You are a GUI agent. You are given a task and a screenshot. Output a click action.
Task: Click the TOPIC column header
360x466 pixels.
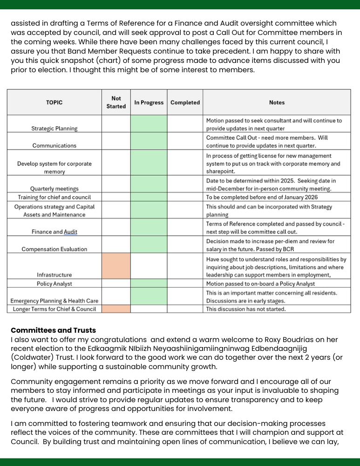coord(54,103)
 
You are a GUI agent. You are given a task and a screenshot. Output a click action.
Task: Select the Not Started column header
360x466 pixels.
coord(116,103)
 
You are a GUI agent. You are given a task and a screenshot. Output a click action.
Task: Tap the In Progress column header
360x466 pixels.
coord(149,103)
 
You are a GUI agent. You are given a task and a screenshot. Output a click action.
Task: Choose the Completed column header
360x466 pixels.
coord(185,103)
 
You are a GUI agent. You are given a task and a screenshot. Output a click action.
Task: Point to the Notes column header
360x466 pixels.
coord(277,103)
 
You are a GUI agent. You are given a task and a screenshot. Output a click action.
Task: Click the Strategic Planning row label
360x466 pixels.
coord(54,129)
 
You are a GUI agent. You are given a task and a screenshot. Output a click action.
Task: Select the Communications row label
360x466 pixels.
coord(54,146)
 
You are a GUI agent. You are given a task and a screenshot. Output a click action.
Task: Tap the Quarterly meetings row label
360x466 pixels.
coord(54,189)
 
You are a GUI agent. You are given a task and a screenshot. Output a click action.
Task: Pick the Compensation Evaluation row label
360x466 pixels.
coord(54,249)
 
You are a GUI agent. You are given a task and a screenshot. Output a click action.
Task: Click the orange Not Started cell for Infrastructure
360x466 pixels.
coord(116,266)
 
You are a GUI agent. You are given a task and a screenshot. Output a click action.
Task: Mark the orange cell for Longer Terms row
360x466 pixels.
coord(116,309)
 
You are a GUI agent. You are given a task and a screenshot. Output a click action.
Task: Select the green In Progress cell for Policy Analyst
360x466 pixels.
coord(149,283)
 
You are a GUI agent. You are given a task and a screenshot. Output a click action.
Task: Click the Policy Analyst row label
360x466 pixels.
coord(54,284)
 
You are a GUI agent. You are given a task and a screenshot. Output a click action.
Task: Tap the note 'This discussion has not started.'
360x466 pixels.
coord(246,309)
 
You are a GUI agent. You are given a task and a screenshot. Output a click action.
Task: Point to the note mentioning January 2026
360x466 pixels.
coord(260,197)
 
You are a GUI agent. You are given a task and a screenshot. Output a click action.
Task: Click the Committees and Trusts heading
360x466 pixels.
coord(53,330)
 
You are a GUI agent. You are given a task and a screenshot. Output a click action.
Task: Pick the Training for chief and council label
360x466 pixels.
coord(54,198)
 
